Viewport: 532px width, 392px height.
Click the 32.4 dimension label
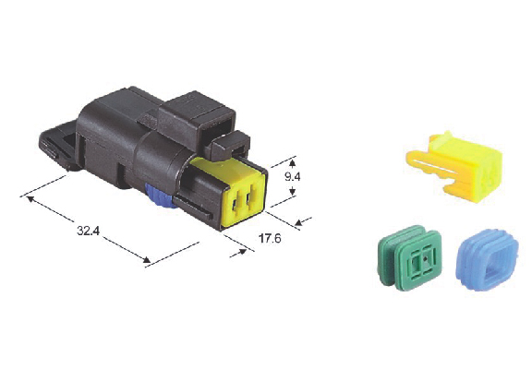89,231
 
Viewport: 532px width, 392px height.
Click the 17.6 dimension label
270,239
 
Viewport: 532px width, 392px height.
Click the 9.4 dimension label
292,176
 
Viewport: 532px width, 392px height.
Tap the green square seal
410,256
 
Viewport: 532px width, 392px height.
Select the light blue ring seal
488,260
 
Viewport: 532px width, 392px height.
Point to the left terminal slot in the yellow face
236,203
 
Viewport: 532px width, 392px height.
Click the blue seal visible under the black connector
159,196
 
